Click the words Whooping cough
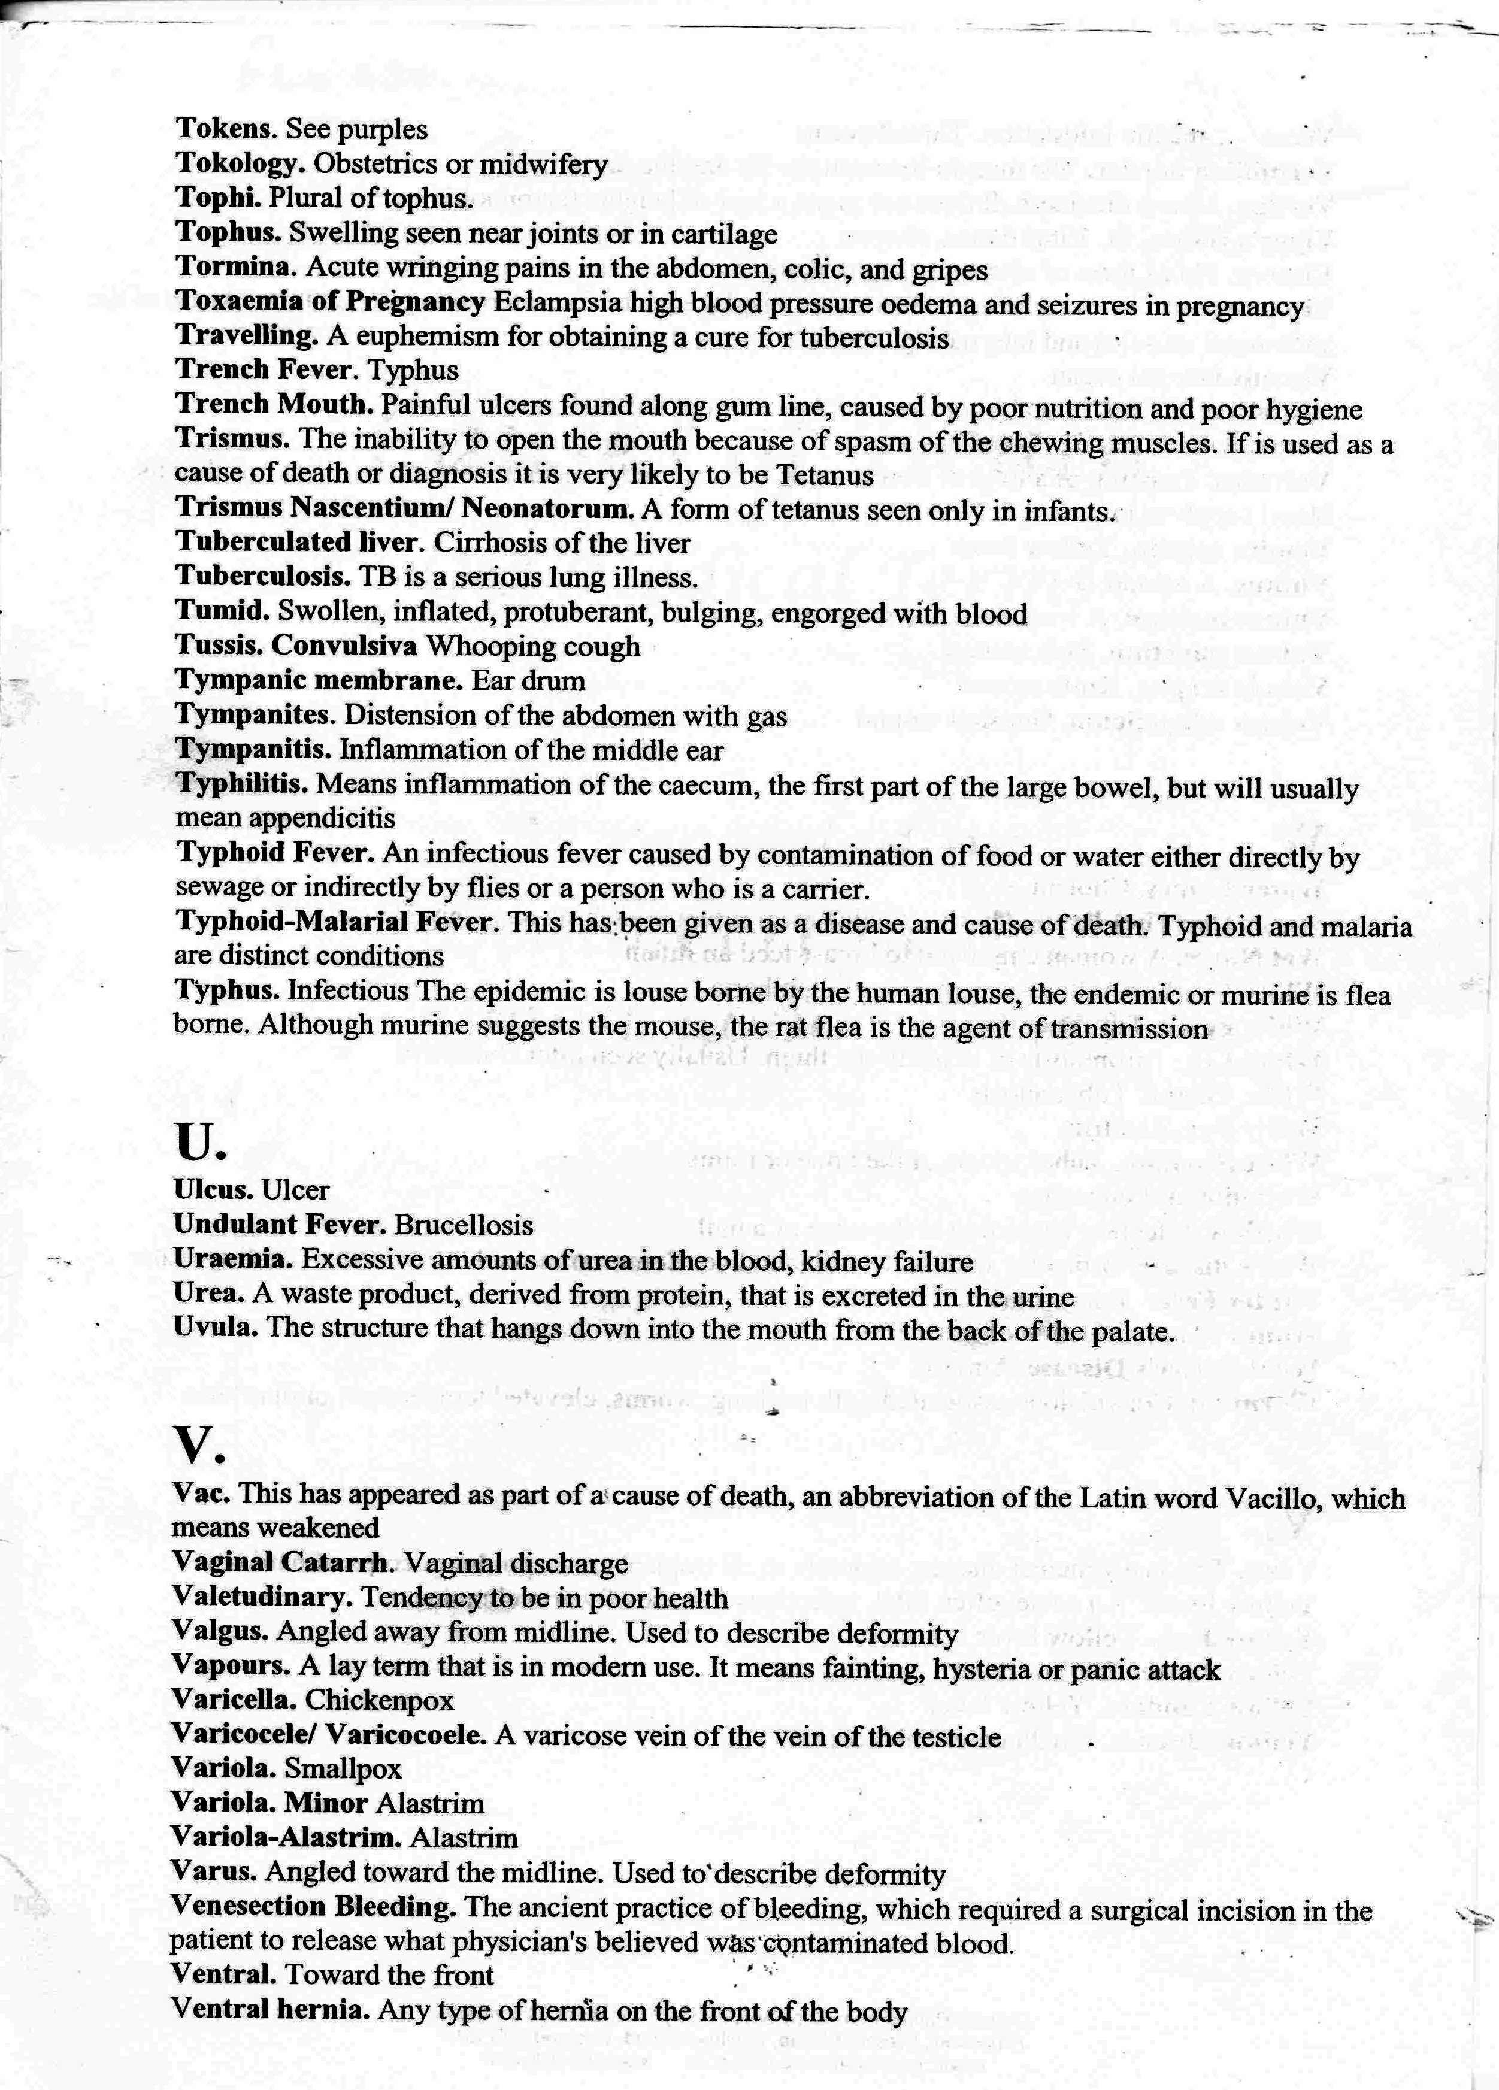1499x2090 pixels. [x=532, y=646]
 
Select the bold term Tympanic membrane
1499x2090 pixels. [x=319, y=680]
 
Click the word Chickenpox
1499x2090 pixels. [x=380, y=1700]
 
